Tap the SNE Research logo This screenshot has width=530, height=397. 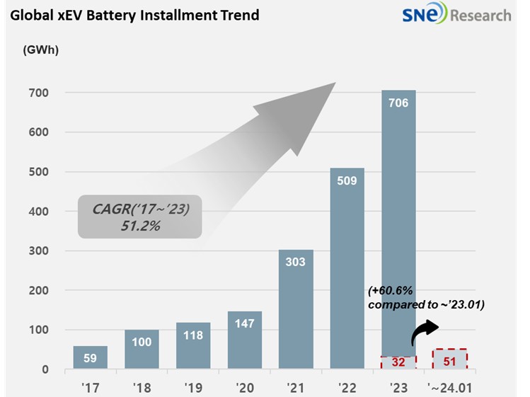click(x=457, y=15)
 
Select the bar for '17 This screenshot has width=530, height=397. click(x=90, y=358)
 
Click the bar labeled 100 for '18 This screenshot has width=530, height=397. click(x=142, y=350)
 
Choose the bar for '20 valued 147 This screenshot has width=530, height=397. click(x=244, y=340)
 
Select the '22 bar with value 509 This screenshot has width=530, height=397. click(x=347, y=269)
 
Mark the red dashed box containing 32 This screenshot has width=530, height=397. click(x=398, y=362)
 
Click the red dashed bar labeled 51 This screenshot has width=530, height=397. click(x=450, y=359)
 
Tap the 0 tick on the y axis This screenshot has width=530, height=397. click(x=44, y=369)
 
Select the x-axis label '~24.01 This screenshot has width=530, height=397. click(x=449, y=386)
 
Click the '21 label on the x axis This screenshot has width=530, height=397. click(x=296, y=386)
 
